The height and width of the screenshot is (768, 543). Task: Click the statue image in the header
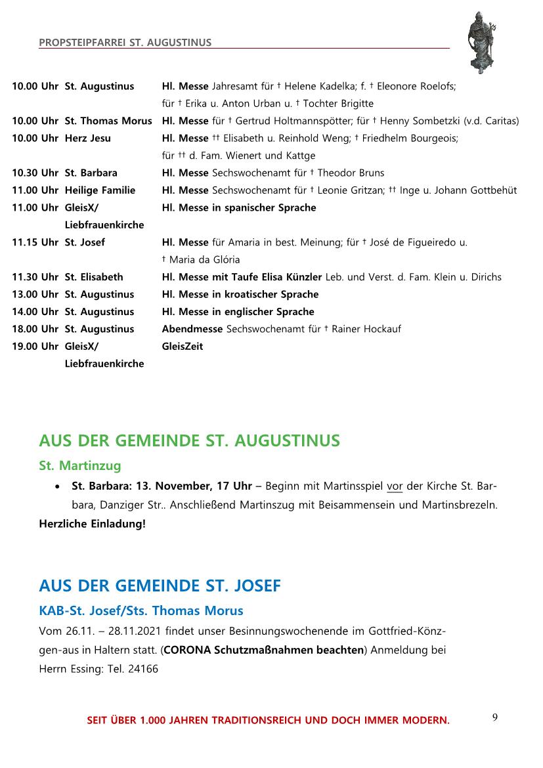(x=481, y=42)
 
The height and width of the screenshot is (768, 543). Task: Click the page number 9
(x=494, y=717)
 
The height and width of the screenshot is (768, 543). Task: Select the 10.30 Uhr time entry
(x=35, y=173)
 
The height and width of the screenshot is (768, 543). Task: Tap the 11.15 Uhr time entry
(x=35, y=242)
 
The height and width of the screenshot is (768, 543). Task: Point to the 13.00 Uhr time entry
(x=35, y=294)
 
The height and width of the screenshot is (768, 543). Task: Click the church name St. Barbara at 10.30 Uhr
(x=91, y=173)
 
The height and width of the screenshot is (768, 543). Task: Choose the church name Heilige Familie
(x=100, y=190)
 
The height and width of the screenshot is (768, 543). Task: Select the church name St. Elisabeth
(x=93, y=277)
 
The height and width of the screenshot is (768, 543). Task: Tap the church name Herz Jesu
(x=87, y=138)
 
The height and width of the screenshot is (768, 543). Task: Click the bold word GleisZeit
(x=183, y=347)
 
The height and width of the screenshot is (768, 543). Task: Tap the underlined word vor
(x=395, y=486)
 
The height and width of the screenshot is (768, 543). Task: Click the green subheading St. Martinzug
(x=80, y=466)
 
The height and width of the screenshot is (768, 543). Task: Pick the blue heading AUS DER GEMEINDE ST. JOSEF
(x=160, y=586)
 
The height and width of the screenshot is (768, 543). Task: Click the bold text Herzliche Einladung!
(x=92, y=524)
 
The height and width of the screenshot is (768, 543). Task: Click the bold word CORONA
(x=188, y=650)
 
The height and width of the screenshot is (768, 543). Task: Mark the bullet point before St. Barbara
(x=60, y=487)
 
